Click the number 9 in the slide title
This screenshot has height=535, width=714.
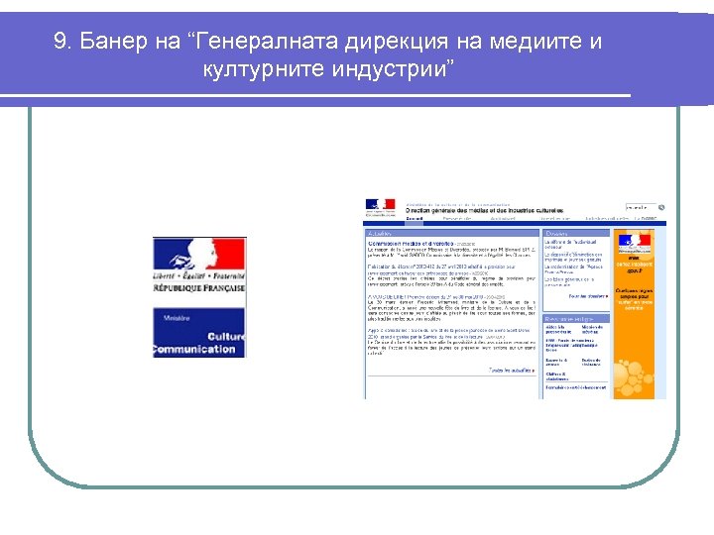[x=60, y=43]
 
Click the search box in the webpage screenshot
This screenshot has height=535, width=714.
[x=640, y=208]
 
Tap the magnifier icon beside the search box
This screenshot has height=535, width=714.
[x=661, y=208]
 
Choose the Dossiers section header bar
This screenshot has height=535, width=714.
[x=575, y=234]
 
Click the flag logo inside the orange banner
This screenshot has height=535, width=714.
[x=633, y=240]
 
